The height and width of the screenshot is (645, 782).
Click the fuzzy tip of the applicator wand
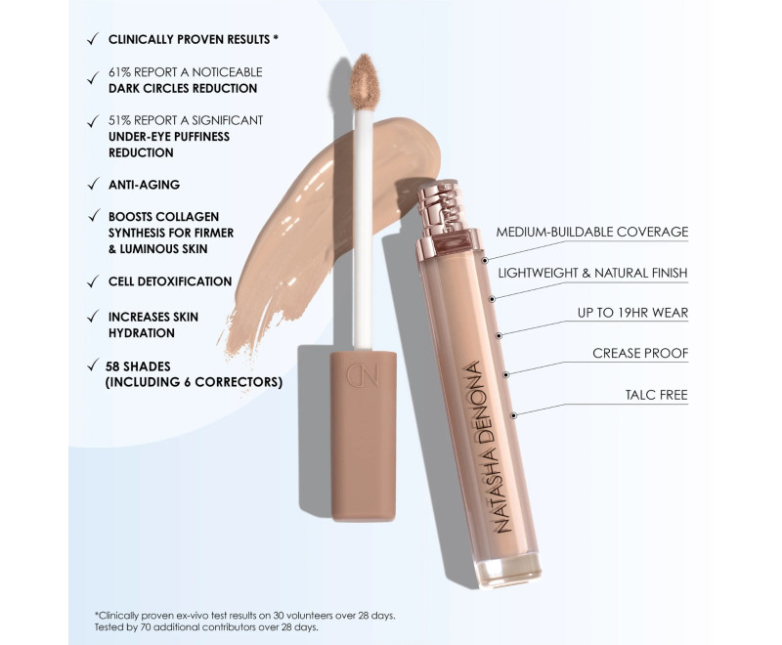pos(365,80)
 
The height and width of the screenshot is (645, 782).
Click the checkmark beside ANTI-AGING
pos(93,185)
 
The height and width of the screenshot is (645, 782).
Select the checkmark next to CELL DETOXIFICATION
pos(93,281)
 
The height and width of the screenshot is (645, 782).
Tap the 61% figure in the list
pos(119,72)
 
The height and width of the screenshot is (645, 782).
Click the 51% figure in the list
pos(119,120)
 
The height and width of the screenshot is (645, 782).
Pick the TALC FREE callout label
pos(656,395)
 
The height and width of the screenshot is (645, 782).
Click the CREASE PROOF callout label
pos(640,354)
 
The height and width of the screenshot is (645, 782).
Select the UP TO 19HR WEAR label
pos(632,313)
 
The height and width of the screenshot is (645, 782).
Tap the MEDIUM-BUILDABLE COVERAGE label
pos(592,232)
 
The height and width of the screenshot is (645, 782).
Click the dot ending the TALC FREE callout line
pos(514,415)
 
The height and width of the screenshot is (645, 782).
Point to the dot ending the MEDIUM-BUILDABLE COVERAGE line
pos(485,260)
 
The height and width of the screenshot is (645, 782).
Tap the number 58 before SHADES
pos(112,366)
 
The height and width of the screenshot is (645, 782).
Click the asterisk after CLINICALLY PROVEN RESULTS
pos(276,38)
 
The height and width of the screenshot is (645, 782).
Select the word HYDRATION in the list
pos(142,333)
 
